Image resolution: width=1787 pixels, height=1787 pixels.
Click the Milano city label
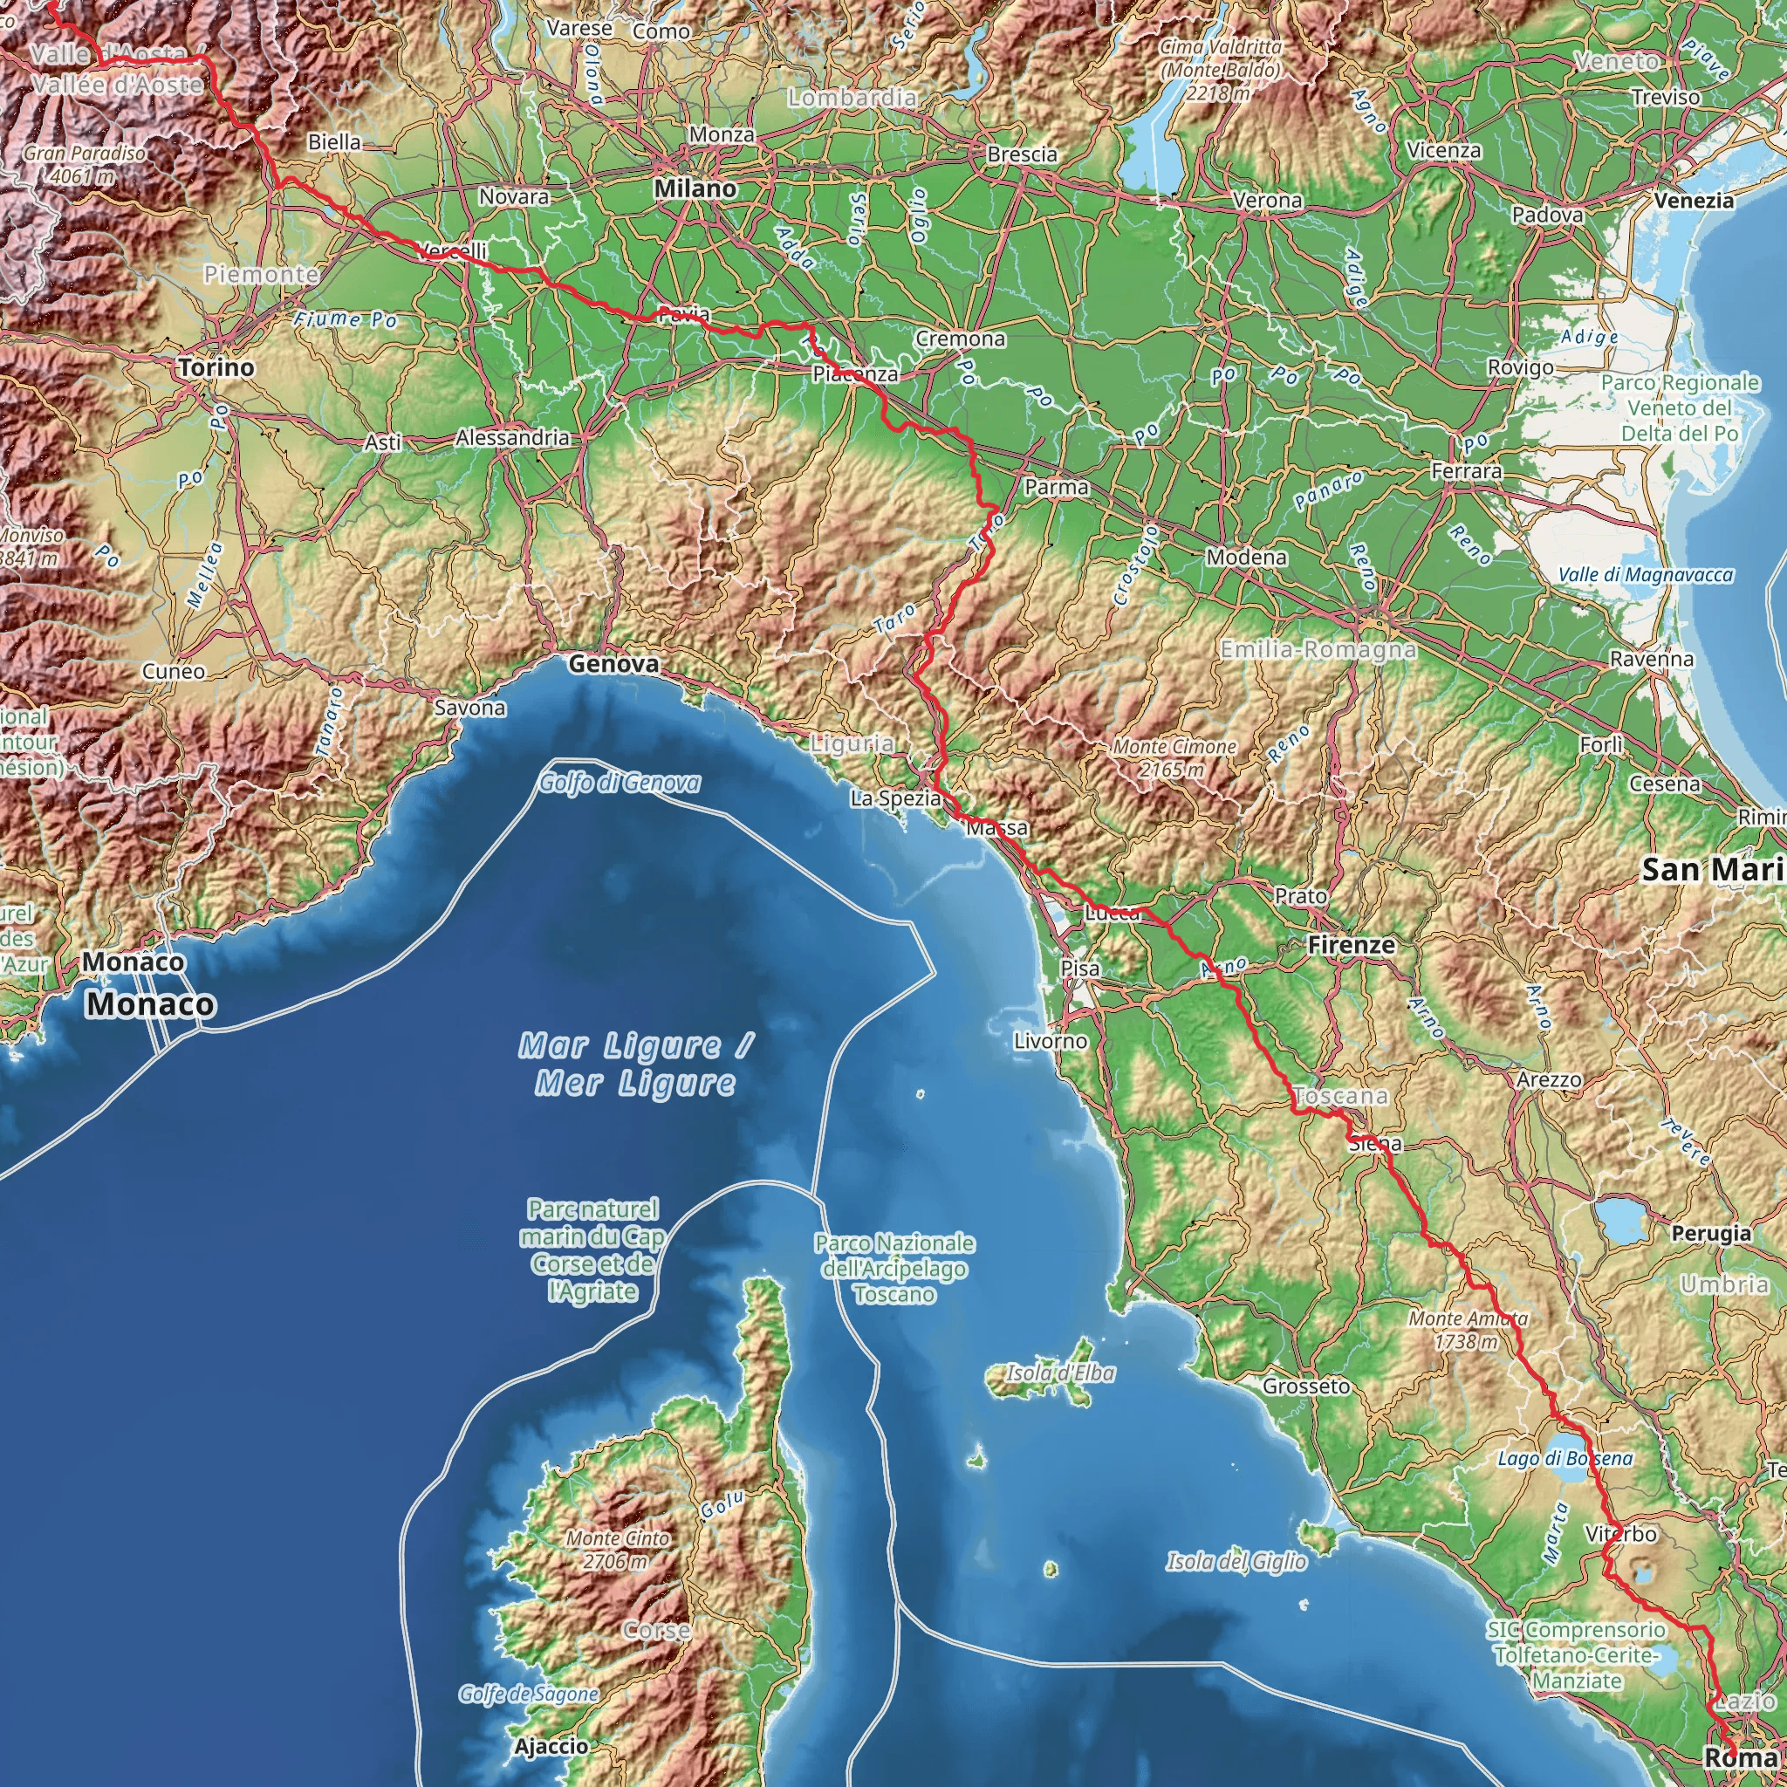coord(695,188)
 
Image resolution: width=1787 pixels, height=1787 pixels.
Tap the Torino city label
coord(216,368)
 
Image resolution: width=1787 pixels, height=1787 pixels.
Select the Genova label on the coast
coord(613,664)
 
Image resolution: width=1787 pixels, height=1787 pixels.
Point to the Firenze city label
coord(1351,945)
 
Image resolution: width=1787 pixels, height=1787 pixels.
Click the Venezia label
coord(1694,201)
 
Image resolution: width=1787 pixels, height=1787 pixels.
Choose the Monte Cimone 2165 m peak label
coord(1174,757)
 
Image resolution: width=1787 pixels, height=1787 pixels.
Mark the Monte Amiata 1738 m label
coord(1468,1329)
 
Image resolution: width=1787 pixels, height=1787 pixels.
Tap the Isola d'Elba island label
coord(1060,1373)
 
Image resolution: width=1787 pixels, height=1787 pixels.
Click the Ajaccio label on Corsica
coord(551,1746)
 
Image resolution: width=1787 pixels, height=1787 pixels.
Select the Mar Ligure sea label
coord(635,1064)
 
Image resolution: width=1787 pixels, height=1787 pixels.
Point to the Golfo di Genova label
coord(619,784)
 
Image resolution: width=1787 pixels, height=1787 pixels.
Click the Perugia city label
coord(1710,1233)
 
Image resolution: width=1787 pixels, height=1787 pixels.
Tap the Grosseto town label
coord(1306,1386)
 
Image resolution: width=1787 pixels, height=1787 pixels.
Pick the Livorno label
coord(1050,1042)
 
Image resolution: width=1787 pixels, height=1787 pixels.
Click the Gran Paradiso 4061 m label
coord(84,164)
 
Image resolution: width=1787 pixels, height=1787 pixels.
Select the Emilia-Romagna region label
coord(1317,650)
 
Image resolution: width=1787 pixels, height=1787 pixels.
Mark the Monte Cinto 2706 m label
coord(618,1550)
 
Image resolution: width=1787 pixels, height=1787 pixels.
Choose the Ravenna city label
coord(1651,660)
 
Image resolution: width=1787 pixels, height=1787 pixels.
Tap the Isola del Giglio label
coord(1236,1561)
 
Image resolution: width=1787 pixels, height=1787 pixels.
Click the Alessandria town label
coord(512,437)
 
